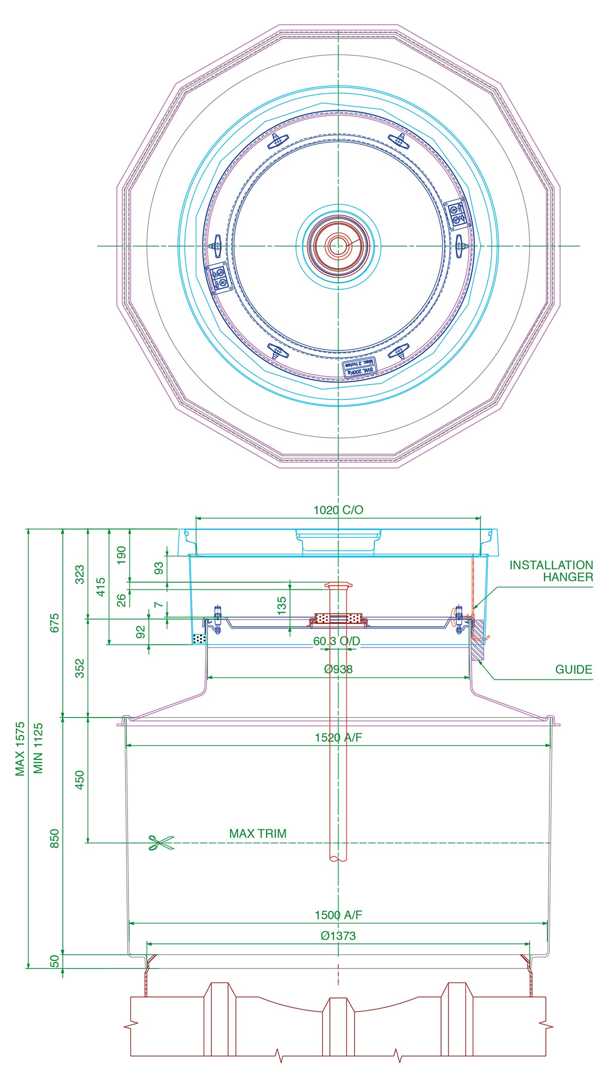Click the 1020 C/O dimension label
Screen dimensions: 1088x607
338,510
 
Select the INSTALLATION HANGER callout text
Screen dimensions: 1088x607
551,571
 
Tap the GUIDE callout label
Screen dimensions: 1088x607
573,669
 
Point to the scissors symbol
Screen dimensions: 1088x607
161,842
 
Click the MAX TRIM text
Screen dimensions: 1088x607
257,833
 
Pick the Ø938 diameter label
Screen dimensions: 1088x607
338,669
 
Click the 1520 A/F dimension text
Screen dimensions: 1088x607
338,737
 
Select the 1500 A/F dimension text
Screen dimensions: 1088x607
338,915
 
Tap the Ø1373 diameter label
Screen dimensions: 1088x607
338,936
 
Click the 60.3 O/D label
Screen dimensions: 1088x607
336,641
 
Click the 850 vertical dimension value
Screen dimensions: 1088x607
55,838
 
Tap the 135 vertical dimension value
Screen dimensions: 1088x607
282,606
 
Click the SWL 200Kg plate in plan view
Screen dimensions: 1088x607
358,368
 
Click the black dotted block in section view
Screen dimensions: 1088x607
200,639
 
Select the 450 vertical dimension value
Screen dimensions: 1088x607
79,780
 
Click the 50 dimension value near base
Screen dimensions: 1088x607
55,961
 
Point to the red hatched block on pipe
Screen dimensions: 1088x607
337,619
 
